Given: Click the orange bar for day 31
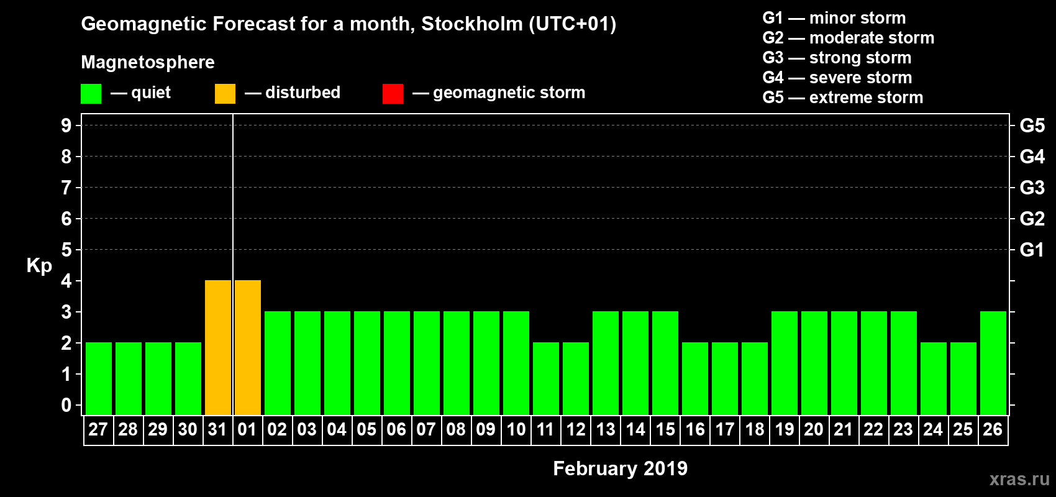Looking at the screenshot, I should coord(218,347).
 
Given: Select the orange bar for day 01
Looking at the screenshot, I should coord(248,347).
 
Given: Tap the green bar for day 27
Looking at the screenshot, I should coord(99,378).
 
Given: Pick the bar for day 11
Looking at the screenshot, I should coord(546,378).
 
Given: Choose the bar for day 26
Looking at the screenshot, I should coord(993,363).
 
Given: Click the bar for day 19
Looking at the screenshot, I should coord(785,363).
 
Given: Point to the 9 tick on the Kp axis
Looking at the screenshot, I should coord(66,125).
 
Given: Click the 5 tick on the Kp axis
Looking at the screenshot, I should coord(66,250).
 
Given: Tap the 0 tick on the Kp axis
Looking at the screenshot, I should coord(66,405).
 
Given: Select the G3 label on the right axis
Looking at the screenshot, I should coord(1032,188).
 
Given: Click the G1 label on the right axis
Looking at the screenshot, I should coord(1032,250).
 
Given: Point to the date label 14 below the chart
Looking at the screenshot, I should coord(635,429).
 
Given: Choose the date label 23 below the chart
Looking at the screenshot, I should coord(903,429).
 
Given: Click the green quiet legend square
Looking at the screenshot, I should coord(91,94).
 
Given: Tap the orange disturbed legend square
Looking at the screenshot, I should coord(225,94).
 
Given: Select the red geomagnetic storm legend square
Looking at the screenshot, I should coord(393,94).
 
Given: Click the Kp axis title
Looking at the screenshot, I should coord(39,266).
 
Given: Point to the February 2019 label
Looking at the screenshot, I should coord(620,468).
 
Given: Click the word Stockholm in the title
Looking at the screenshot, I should coord(472,24).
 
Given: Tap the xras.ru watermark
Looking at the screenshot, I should coord(1019,479).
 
